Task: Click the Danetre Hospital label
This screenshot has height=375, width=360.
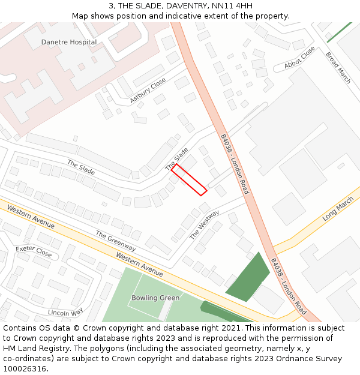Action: [68, 42]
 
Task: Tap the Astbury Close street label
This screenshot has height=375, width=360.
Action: [148, 90]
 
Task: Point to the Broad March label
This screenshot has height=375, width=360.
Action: [338, 68]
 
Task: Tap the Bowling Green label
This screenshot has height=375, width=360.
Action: [155, 298]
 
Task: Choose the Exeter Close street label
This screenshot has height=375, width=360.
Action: [34, 250]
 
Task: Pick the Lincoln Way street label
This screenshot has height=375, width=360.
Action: [65, 313]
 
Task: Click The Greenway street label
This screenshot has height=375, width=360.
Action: [116, 241]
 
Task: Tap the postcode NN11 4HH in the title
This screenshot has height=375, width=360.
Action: [236, 6]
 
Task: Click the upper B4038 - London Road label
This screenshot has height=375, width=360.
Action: [234, 163]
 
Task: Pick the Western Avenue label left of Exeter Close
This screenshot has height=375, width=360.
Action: [31, 217]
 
